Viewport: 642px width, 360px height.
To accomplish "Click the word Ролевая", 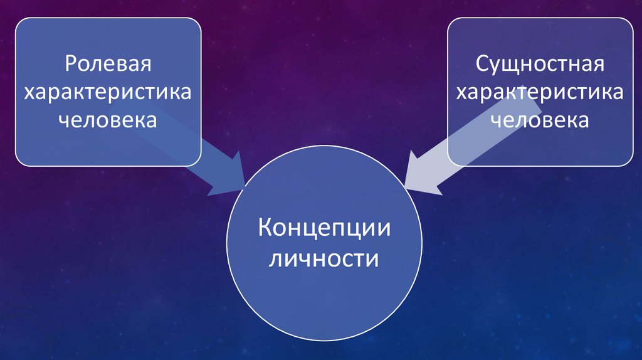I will coord(108,65).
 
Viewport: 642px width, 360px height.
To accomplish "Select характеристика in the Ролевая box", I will coord(108,92).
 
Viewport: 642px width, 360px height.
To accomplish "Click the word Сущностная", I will coord(540,65).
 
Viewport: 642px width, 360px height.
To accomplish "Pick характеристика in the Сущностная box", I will coord(540,92).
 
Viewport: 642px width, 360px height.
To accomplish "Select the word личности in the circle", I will coord(324,258).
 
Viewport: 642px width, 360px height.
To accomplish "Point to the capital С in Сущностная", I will coord(482,65).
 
